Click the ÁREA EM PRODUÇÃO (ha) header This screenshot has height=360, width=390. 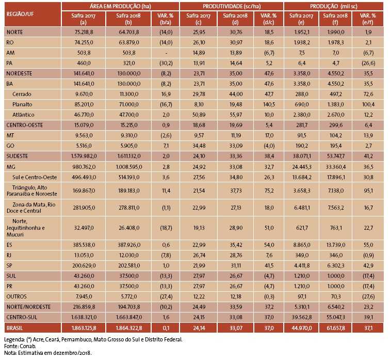[x=120, y=6]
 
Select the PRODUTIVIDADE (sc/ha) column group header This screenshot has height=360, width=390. [x=232, y=6]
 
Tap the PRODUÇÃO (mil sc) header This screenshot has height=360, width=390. [x=334, y=6]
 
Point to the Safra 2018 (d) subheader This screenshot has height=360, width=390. [x=232, y=19]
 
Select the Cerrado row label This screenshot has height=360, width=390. [x=23, y=94]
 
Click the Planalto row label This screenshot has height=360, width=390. [x=23, y=105]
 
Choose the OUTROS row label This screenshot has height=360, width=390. [x=17, y=295]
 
